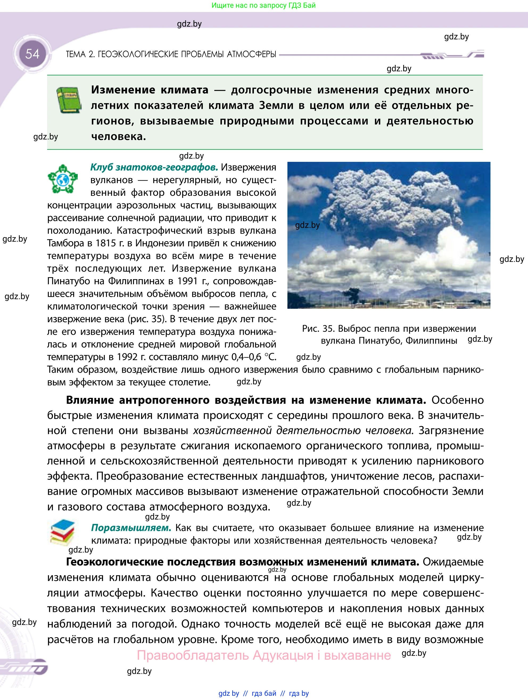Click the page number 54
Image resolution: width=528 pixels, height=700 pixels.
pyautogui.click(x=32, y=54)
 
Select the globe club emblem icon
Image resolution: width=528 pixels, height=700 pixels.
pyautogui.click(x=63, y=179)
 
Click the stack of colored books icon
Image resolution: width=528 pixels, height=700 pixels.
pyautogui.click(x=63, y=533)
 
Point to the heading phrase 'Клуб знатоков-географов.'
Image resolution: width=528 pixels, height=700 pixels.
pyautogui.click(x=154, y=167)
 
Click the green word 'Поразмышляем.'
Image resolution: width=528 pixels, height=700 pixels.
pyautogui.click(x=131, y=528)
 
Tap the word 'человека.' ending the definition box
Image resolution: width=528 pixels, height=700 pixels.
pyautogui.click(x=119, y=136)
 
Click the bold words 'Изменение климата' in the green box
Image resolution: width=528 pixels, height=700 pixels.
pyautogui.click(x=150, y=90)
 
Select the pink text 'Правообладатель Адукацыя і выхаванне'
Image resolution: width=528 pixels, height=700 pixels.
pyautogui.click(x=263, y=655)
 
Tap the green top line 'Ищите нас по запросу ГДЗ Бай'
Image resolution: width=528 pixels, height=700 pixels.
pyautogui.click(x=263, y=5)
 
